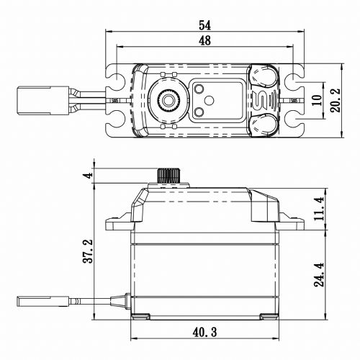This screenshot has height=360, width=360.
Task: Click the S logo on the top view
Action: click(263, 99)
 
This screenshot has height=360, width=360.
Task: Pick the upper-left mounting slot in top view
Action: click(115, 74)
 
